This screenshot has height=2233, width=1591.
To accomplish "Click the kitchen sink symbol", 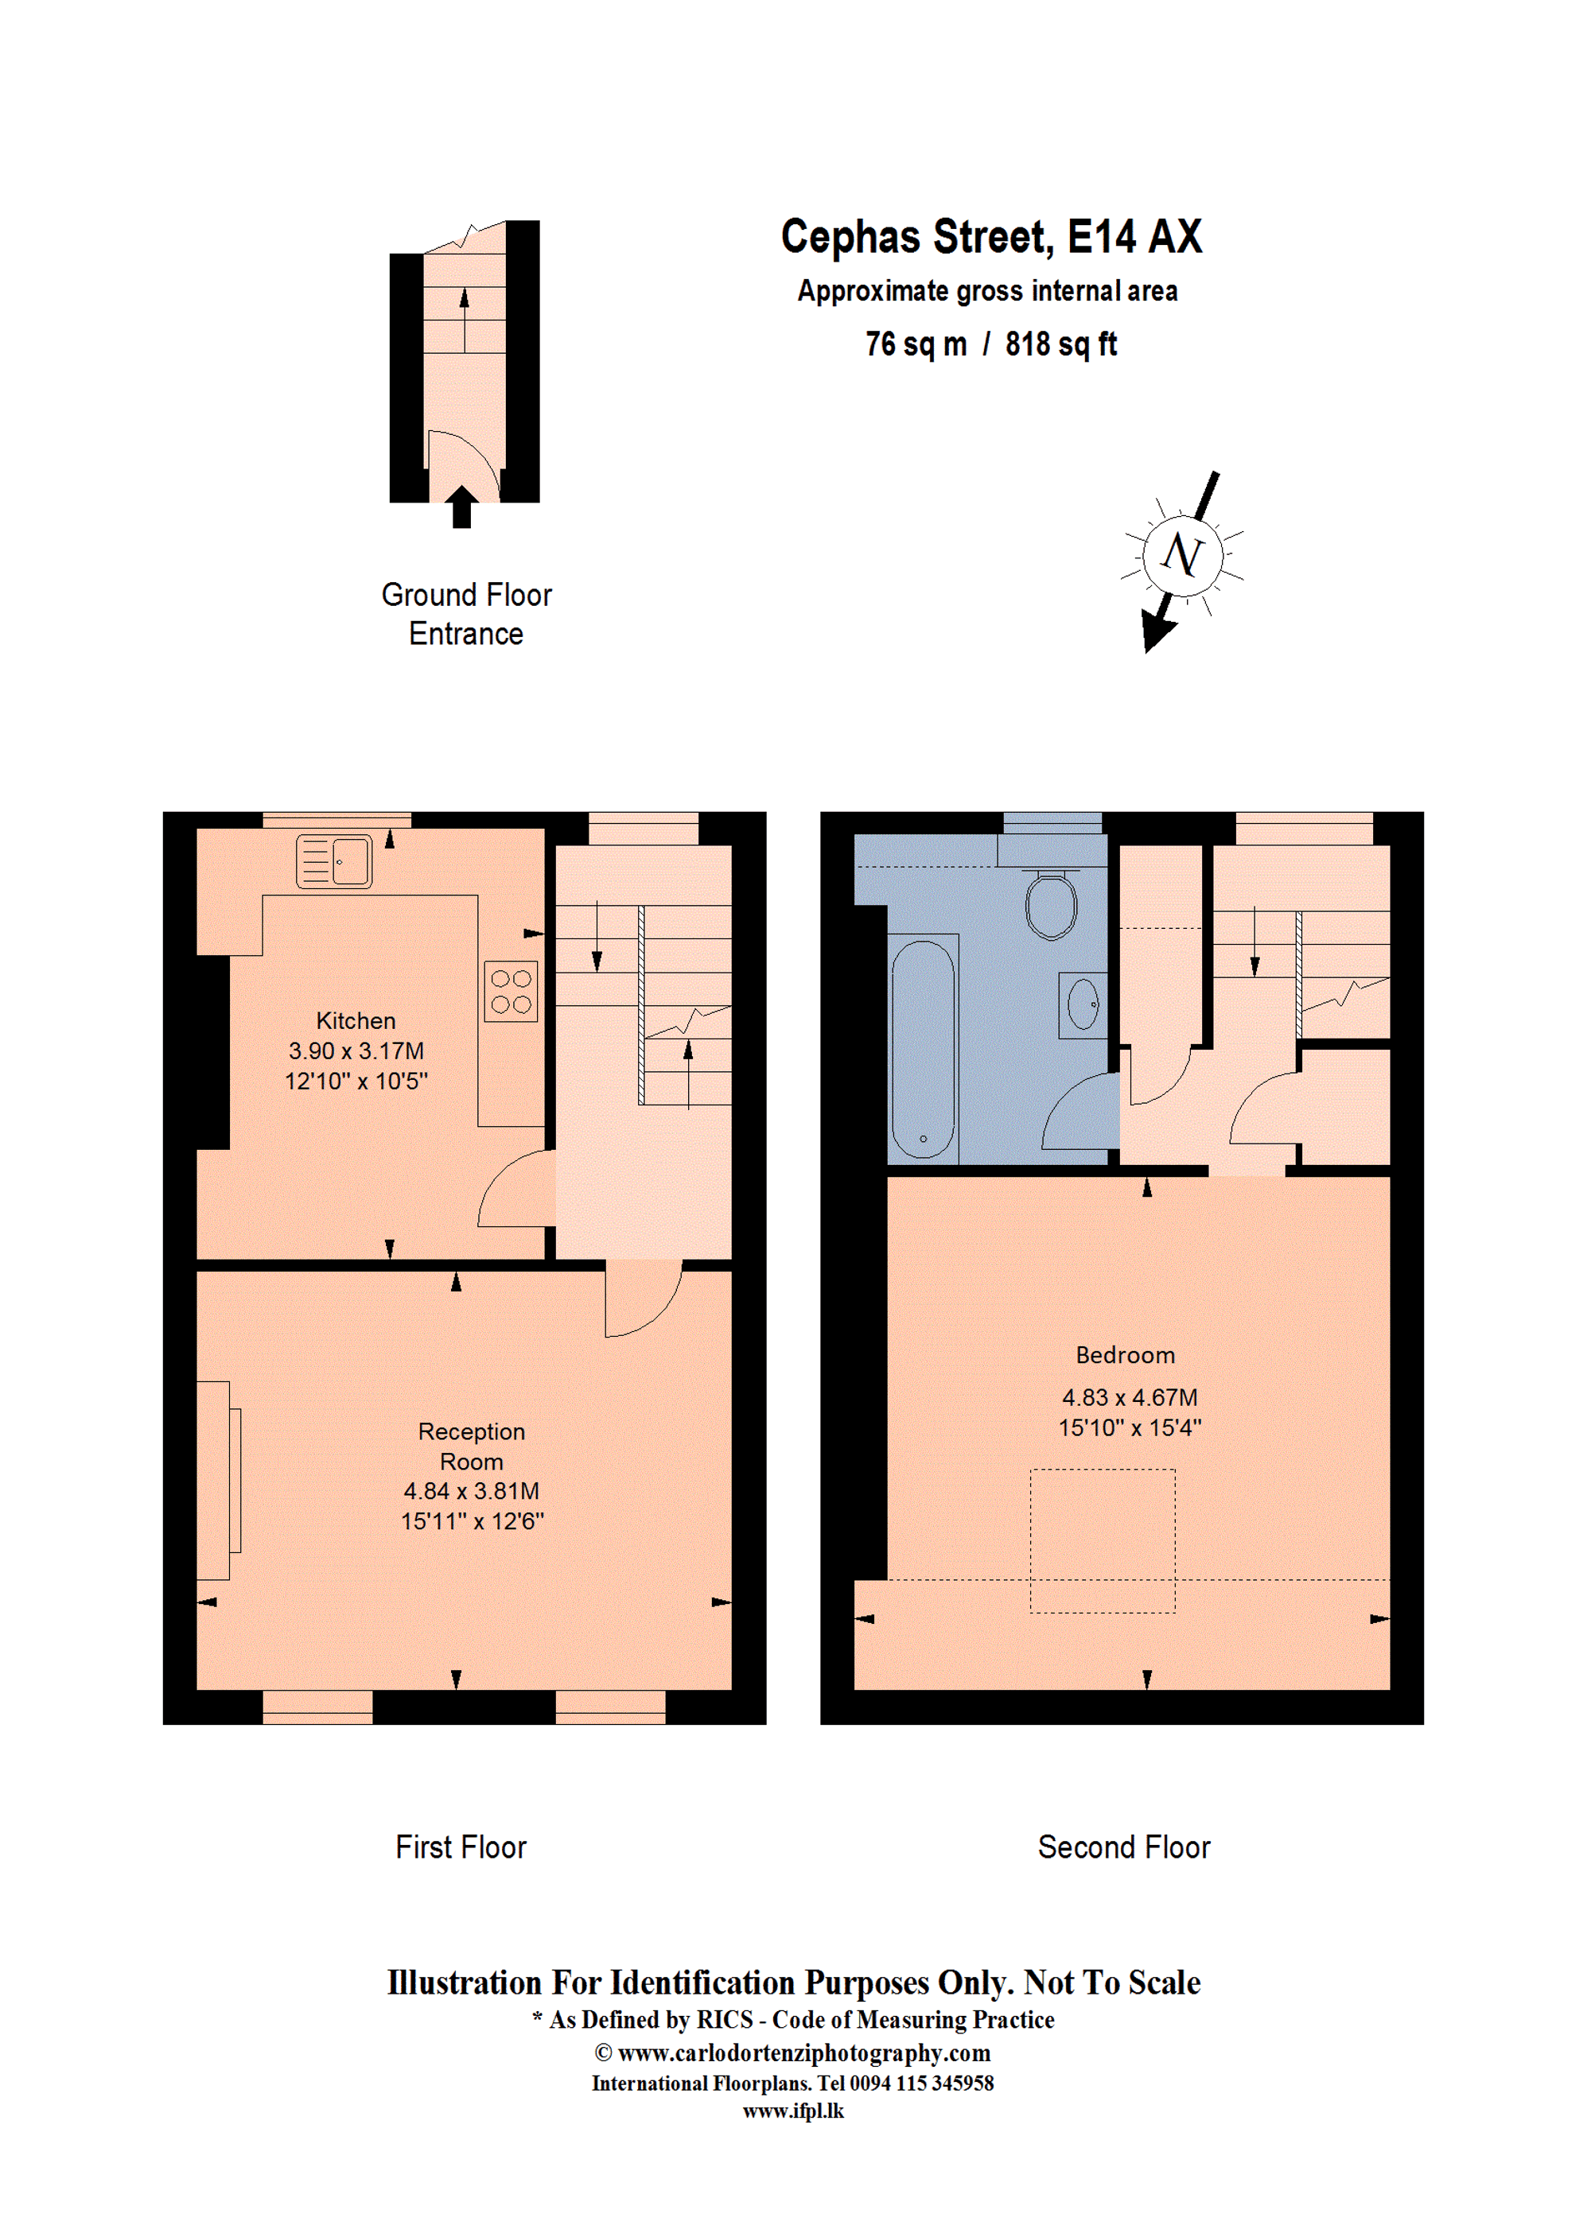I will [x=334, y=861].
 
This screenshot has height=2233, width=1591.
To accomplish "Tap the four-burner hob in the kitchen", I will [x=511, y=991].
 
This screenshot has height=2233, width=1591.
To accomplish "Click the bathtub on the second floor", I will [x=922, y=1049].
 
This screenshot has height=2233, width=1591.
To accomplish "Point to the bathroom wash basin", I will [x=1083, y=1004].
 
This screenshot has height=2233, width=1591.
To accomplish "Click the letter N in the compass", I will [x=1181, y=554].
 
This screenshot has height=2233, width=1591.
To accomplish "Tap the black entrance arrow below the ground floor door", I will [x=461, y=507].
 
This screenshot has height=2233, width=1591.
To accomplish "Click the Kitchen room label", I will [x=356, y=1020].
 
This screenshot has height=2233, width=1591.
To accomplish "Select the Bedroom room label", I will [x=1125, y=1354].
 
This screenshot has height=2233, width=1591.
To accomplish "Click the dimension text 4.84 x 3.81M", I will [x=471, y=1490].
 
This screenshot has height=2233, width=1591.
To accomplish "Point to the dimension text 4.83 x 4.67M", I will [x=1130, y=1397].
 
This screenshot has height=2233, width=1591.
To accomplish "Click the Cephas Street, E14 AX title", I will [x=990, y=237].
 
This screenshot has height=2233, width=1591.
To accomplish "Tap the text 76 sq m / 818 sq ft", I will [x=990, y=344].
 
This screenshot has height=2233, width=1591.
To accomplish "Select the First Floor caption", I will [x=461, y=1847].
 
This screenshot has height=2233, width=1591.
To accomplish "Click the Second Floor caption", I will [x=1124, y=1847].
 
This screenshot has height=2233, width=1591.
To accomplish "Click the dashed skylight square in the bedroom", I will [x=1102, y=1540].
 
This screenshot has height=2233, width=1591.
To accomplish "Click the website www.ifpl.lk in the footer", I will [x=792, y=2111].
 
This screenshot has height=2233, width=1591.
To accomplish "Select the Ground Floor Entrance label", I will [x=466, y=614].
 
